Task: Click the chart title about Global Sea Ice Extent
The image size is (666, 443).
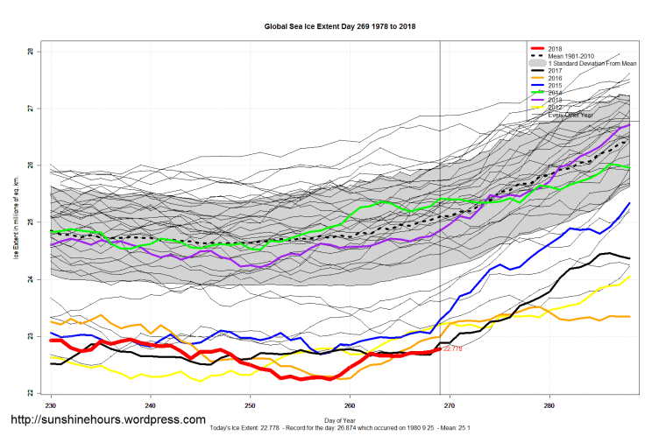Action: click(x=340, y=26)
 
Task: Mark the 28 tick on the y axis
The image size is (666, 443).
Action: click(x=31, y=52)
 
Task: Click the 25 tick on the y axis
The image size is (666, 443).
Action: click(x=31, y=222)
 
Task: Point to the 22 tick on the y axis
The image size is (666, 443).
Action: click(x=31, y=393)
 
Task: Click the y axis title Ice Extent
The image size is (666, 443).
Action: click(x=15, y=222)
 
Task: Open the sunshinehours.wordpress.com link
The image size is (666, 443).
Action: click(x=108, y=420)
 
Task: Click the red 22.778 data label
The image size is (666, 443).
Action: click(x=452, y=348)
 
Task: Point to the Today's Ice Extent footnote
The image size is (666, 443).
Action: click(x=340, y=428)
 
